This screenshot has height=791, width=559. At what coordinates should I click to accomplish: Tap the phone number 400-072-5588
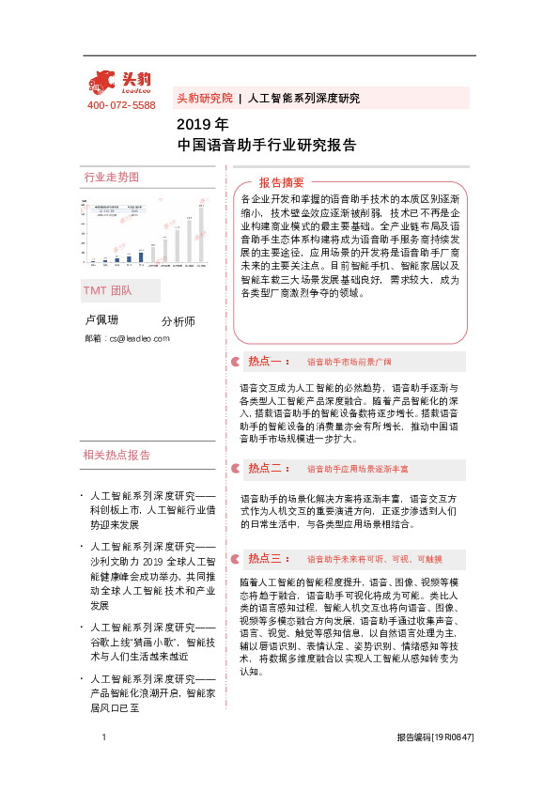pyautogui.click(x=121, y=105)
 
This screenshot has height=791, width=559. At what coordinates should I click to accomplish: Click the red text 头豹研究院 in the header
pyautogui.click(x=204, y=98)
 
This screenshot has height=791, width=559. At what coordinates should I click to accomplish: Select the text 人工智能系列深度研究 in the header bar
pyautogui.click(x=303, y=98)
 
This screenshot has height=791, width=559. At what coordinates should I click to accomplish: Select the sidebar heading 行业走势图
pyautogui.click(x=112, y=178)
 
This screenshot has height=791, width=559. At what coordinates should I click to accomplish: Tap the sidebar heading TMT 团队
pyautogui.click(x=108, y=290)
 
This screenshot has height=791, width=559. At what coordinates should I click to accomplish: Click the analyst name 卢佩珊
pyautogui.click(x=102, y=321)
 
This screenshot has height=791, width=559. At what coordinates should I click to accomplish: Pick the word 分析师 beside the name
pyautogui.click(x=179, y=321)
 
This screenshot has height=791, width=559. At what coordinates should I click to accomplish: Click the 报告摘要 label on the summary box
pyautogui.click(x=282, y=182)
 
